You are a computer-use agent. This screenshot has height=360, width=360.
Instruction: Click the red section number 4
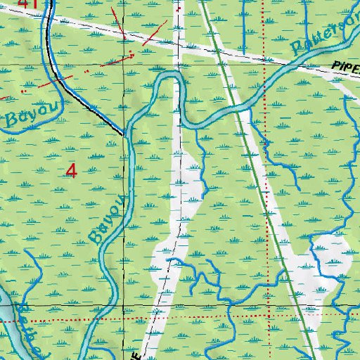point(71,169)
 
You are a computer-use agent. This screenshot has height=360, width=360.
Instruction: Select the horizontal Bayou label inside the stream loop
point(22,115)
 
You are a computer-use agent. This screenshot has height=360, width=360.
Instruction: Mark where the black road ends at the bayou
point(124,133)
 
